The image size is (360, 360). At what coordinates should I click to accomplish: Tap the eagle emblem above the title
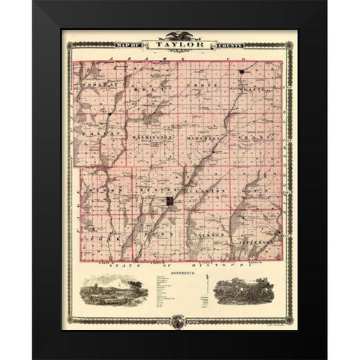[179, 34]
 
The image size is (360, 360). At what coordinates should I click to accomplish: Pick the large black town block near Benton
[171, 202]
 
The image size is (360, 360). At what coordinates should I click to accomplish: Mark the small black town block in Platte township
[242, 72]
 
